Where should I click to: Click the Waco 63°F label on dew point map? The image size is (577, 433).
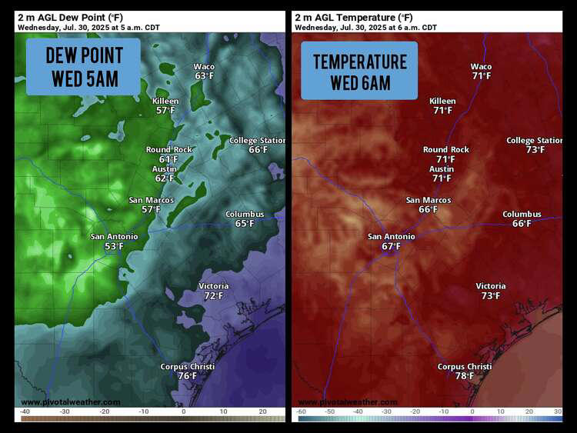(204, 72)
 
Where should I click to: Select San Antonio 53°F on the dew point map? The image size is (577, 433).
(114, 241)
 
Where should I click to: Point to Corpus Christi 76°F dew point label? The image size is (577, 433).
(187, 371)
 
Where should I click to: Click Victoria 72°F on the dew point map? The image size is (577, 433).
(213, 291)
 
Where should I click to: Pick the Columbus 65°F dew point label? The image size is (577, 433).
(244, 219)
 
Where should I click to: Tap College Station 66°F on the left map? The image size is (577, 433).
(257, 145)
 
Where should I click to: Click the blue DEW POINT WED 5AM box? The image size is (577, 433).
(83, 67)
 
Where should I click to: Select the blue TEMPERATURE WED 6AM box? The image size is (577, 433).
(359, 71)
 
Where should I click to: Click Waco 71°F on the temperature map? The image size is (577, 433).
(481, 72)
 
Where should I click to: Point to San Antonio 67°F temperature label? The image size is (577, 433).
(391, 241)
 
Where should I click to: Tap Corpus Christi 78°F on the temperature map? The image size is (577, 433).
(464, 371)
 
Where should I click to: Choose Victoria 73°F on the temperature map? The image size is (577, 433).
(490, 291)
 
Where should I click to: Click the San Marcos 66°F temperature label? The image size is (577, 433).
(429, 205)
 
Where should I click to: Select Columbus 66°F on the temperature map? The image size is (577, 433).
(522, 219)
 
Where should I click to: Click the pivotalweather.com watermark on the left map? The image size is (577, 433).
(71, 402)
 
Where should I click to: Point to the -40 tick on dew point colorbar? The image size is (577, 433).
(25, 412)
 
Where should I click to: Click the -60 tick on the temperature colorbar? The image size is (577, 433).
(302, 412)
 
